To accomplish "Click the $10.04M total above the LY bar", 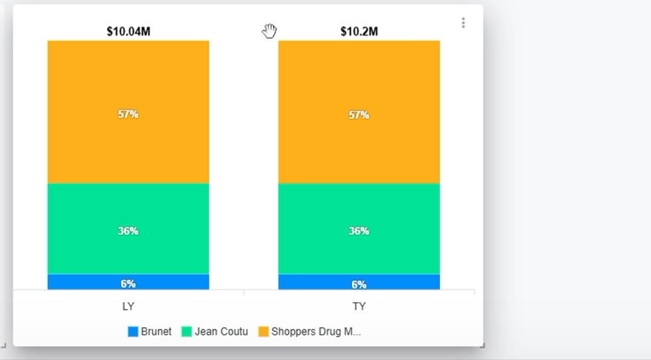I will [x=128, y=31].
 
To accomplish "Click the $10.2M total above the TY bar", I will [x=359, y=31].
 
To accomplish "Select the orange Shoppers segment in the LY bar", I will [x=128, y=80].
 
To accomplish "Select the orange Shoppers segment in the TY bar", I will [x=359, y=80].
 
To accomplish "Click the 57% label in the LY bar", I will [x=128, y=114].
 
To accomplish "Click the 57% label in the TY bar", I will [x=359, y=115].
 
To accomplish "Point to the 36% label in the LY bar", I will [x=128, y=231].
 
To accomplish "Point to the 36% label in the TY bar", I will [x=359, y=231].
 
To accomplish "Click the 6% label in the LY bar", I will [x=128, y=283].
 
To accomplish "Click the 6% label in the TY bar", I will [x=359, y=285].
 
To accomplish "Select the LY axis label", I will [x=128, y=307].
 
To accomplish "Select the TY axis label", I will [x=359, y=307].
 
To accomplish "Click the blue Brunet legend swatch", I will [x=133, y=331].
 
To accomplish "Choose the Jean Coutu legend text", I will [x=221, y=331].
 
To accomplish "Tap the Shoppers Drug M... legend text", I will [x=316, y=331].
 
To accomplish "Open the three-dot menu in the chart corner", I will [x=463, y=23].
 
